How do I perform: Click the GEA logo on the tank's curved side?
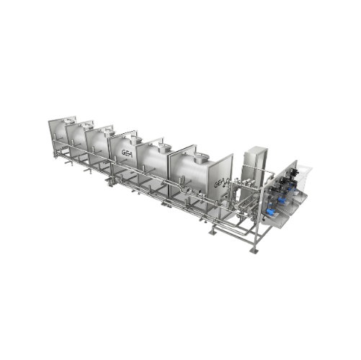(x=127, y=153)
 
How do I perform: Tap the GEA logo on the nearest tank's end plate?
(x=219, y=184)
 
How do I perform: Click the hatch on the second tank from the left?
(x=89, y=125)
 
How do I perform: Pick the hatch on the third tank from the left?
(x=110, y=131)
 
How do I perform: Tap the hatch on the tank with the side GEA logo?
(x=135, y=140)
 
